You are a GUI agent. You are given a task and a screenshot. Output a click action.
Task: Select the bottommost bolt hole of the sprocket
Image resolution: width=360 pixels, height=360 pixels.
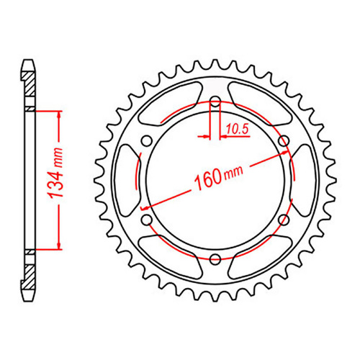tap(215, 258)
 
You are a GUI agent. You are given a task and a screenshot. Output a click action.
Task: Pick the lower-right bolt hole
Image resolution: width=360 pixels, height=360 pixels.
tap(283, 219)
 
